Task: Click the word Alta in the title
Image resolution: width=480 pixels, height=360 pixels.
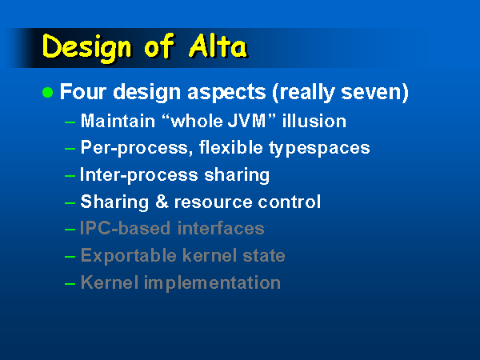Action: (218, 46)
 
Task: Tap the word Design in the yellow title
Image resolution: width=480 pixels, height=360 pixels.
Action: (87, 48)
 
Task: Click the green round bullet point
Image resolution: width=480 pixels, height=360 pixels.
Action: (47, 92)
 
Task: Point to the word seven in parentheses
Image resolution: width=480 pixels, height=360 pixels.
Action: (371, 92)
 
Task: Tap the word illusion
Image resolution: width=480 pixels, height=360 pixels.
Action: (314, 121)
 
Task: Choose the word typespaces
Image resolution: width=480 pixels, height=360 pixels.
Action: (319, 149)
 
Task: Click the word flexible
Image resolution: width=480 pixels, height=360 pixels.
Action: (231, 147)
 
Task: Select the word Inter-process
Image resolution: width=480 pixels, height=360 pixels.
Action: (139, 174)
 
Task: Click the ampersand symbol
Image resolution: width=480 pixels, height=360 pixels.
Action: (162, 202)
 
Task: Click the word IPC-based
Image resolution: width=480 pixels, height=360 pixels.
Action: (126, 228)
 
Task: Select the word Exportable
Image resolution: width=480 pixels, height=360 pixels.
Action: (129, 255)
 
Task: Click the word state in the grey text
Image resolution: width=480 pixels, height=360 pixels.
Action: (264, 256)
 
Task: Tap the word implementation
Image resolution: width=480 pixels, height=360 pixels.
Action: (212, 283)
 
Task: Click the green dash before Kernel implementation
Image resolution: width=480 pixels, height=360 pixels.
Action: (70, 284)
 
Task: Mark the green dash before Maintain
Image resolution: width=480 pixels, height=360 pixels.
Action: (70, 122)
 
